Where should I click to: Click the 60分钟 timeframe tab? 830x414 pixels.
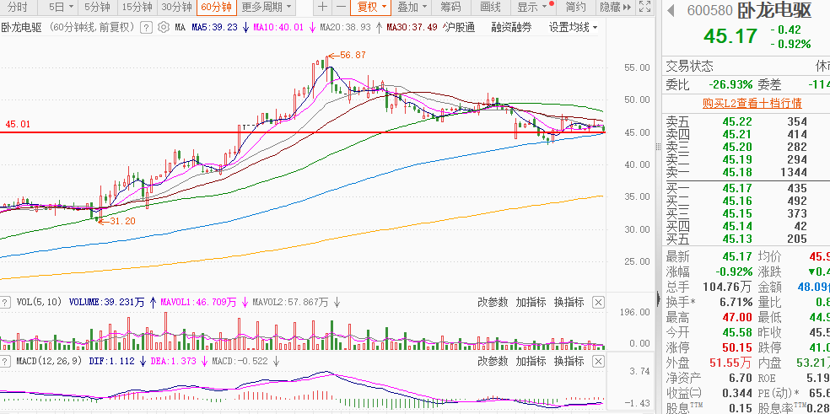pos(215,7)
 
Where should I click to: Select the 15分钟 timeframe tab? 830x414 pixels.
pos(137,7)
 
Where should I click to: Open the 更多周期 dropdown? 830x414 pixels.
pos(262,7)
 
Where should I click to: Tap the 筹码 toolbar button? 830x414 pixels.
pos(451,7)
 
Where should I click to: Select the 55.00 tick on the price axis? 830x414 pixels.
pos(638,67)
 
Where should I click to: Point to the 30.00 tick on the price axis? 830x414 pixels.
pos(638,229)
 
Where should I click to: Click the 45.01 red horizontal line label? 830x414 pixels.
pos(18,124)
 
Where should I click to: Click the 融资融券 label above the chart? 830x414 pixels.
pos(512,27)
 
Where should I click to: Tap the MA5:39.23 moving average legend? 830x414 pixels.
pos(214,27)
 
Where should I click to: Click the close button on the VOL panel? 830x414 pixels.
pos(599,302)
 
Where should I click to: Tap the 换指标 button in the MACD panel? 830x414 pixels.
pos(569,361)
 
